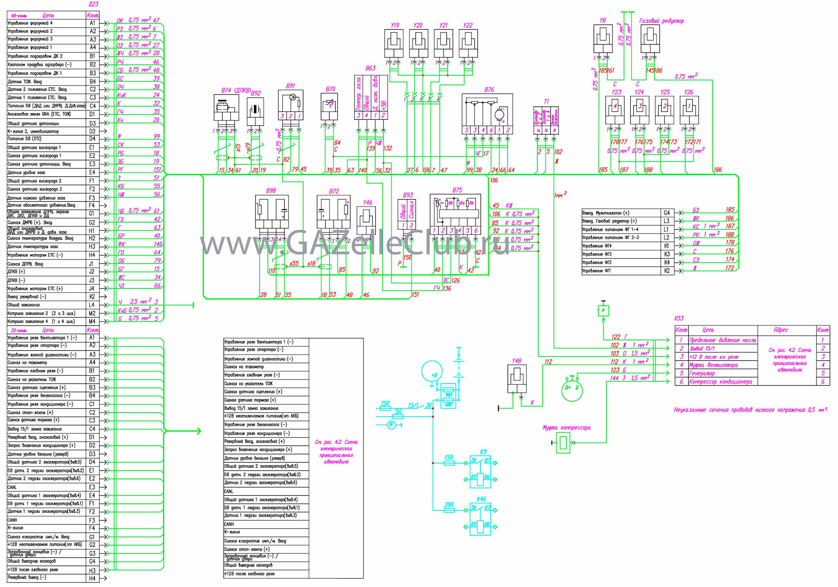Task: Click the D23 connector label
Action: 93,4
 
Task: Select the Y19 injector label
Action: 395,25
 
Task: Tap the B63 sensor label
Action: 370,68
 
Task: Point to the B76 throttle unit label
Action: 489,90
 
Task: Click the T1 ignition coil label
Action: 546,101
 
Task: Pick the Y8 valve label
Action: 602,21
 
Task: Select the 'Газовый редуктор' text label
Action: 661,21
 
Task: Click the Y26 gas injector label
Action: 688,92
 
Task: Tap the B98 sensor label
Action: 271,191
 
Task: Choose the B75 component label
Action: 457,190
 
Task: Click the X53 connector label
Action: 679,318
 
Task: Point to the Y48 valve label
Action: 516,361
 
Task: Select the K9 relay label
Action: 483,452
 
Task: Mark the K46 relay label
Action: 481,499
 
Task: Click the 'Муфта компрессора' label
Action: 566,428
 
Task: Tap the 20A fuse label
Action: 449,504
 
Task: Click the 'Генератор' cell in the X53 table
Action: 702,373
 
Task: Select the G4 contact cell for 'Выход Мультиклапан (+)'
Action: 666,213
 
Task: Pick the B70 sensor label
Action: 330,89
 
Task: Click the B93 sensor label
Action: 408,195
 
